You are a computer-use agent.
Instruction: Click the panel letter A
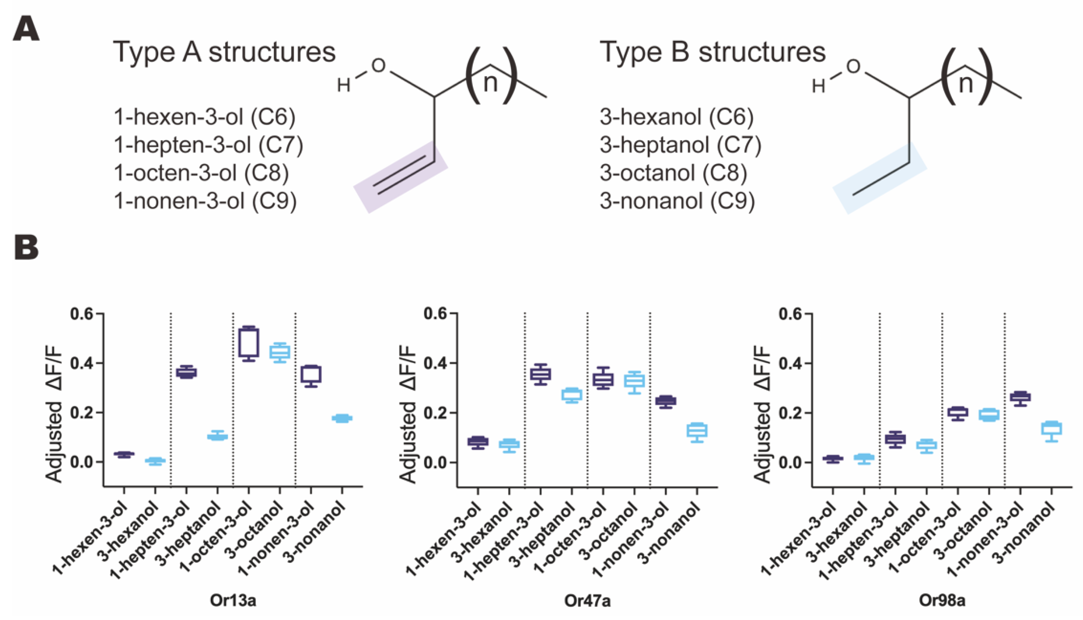(x=26, y=29)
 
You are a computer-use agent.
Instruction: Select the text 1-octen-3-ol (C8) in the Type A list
(x=201, y=173)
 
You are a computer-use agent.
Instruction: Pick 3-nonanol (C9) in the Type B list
(x=677, y=201)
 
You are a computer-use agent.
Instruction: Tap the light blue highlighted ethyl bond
(x=880, y=178)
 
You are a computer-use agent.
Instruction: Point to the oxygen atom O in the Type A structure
(x=378, y=66)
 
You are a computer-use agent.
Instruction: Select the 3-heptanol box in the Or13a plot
(x=218, y=437)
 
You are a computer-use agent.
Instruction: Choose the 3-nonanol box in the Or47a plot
(x=697, y=430)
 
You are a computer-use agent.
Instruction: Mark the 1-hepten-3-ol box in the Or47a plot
(x=540, y=374)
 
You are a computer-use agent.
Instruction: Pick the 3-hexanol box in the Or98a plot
(x=864, y=458)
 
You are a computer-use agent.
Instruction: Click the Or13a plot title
(x=233, y=600)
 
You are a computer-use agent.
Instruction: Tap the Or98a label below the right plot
(x=942, y=600)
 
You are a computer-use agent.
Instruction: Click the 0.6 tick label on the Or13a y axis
(x=81, y=314)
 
